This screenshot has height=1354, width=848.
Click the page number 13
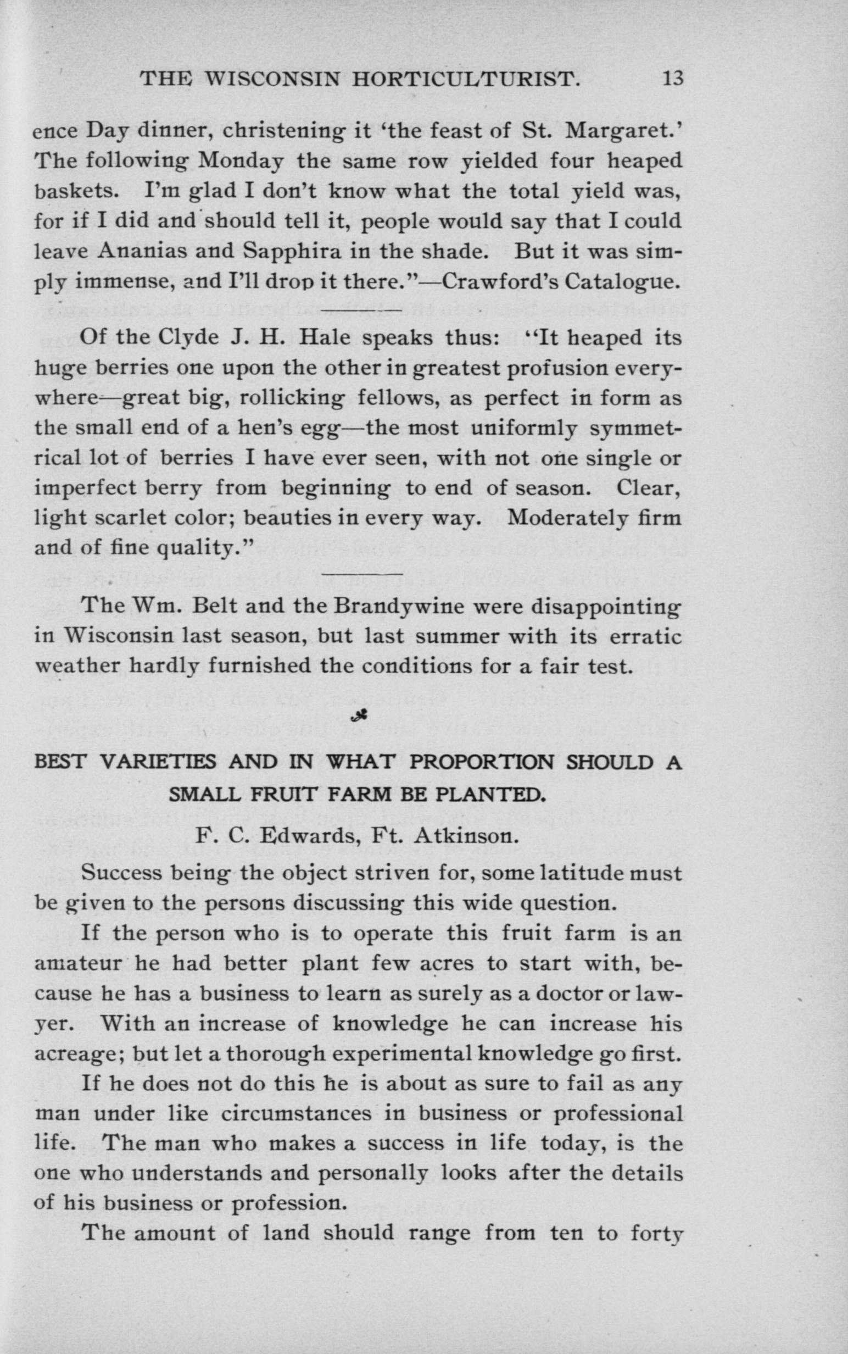coord(672,78)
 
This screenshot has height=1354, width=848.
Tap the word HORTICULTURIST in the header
coord(465,79)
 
